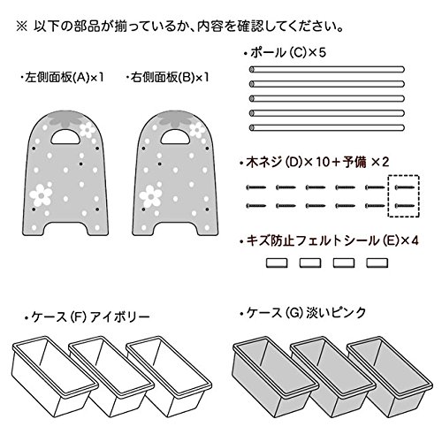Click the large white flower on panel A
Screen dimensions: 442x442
41,195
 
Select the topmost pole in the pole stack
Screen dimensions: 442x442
327,70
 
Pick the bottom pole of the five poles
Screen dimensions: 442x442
327,128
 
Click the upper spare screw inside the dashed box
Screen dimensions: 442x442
404,187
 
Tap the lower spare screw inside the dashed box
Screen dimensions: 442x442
404,206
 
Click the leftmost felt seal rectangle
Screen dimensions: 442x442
277,263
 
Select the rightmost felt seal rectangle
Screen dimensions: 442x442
377,263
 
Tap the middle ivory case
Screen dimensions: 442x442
112,378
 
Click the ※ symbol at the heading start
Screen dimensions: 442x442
21,27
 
